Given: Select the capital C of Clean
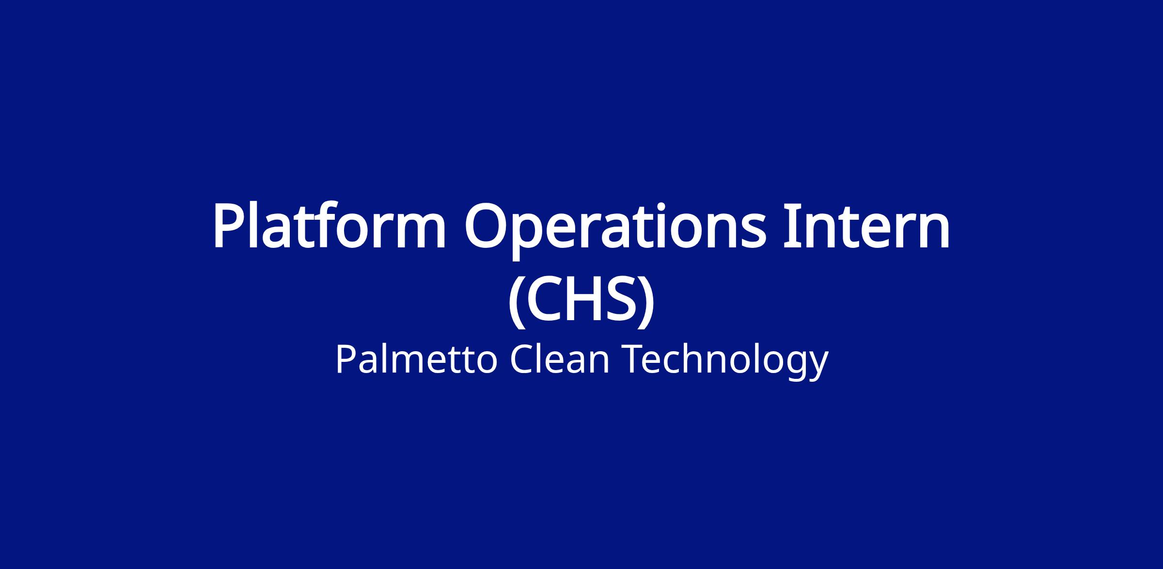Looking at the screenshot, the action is point(522,359).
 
